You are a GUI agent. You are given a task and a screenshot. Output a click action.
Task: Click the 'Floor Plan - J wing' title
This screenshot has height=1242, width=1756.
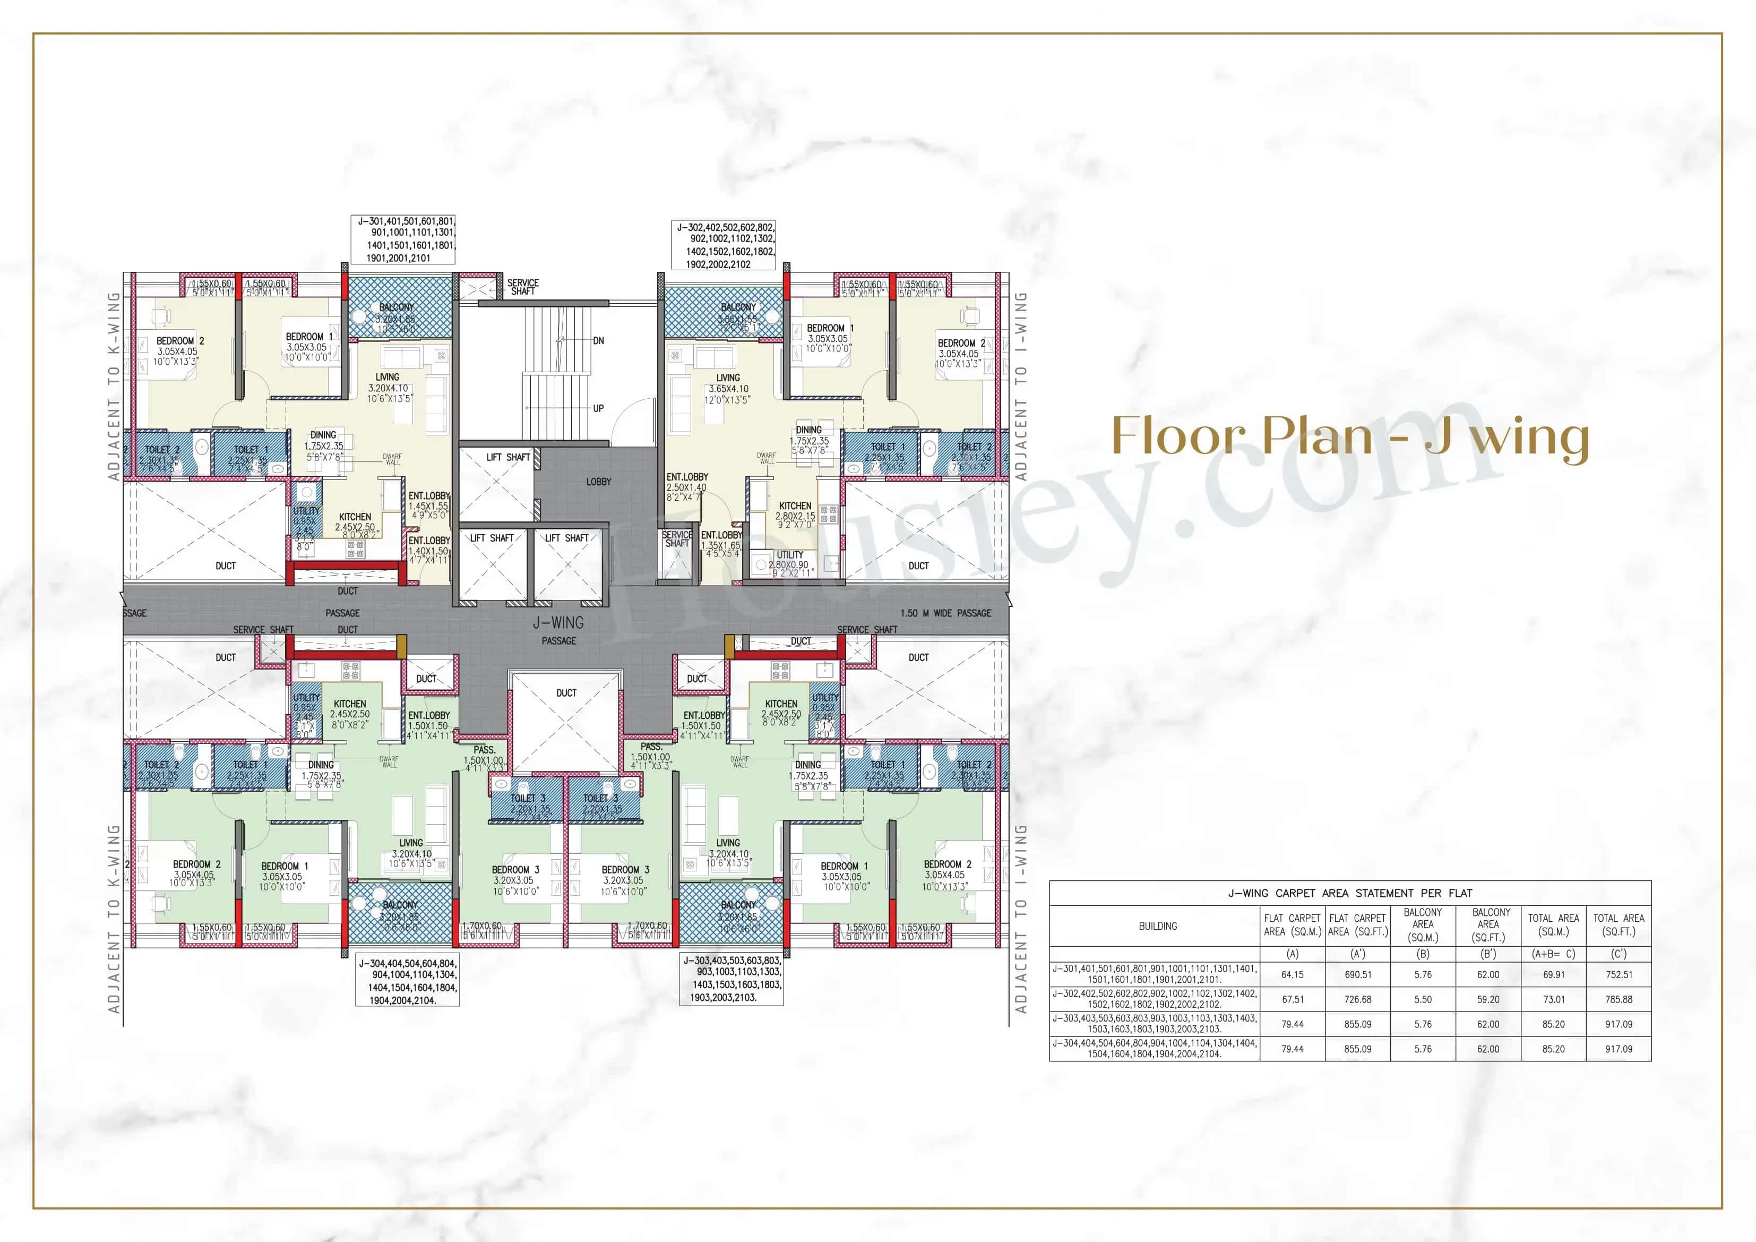click(x=1350, y=437)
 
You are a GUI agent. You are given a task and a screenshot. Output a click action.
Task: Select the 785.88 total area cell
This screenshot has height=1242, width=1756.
click(x=1619, y=999)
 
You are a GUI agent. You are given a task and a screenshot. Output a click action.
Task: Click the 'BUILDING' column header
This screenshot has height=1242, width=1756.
click(x=1157, y=926)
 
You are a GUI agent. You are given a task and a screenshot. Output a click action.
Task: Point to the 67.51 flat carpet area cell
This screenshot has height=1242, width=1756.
click(x=1293, y=999)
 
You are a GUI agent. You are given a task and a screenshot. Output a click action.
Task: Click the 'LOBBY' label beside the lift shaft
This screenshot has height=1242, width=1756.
click(x=599, y=481)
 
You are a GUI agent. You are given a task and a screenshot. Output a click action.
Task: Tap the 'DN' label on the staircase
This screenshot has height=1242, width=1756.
click(x=598, y=340)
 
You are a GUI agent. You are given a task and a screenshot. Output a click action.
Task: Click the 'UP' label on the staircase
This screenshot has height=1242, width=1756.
click(x=598, y=408)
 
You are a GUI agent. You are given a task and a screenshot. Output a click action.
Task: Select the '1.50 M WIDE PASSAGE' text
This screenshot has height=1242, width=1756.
click(x=945, y=613)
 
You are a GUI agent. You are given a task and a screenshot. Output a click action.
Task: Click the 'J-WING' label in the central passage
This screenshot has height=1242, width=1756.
click(x=558, y=623)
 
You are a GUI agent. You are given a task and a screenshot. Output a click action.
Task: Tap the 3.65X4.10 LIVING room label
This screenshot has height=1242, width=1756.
click(x=728, y=389)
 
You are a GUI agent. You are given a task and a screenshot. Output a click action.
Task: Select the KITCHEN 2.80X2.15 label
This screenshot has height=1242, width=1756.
click(x=795, y=511)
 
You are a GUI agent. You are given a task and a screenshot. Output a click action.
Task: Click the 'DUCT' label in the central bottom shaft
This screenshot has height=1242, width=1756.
click(x=566, y=692)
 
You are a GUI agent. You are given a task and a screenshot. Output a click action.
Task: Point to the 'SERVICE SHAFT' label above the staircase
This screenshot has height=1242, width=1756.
click(x=523, y=287)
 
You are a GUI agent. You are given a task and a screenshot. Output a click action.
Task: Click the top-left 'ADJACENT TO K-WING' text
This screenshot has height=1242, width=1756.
click(x=114, y=387)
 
